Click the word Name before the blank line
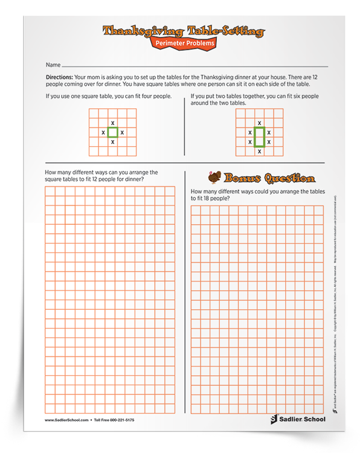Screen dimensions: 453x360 coord(53,64)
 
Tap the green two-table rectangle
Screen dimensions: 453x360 coord(259,137)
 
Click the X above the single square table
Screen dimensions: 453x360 coord(112,122)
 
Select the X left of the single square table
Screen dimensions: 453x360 coord(103,132)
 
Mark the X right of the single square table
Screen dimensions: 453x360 coord(122,132)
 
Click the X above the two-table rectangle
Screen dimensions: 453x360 coord(259,122)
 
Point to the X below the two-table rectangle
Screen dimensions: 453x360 coord(259,152)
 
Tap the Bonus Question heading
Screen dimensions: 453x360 coord(269,179)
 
